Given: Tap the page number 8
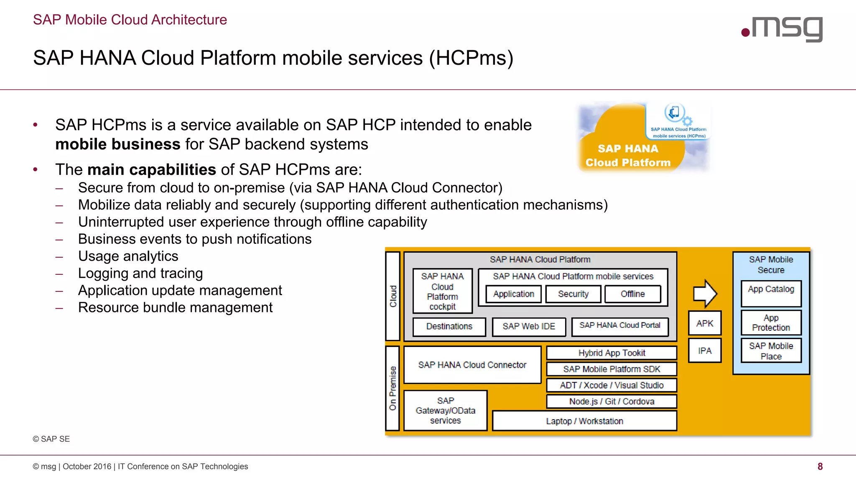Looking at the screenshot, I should [x=820, y=466].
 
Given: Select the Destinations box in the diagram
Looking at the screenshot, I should [x=449, y=327].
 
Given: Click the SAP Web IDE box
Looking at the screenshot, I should [x=529, y=327].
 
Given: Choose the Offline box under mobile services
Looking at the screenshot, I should [x=632, y=294].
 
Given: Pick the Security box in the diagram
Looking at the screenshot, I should [x=573, y=294].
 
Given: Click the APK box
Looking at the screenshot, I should [x=705, y=323].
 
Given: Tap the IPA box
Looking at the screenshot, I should [x=705, y=351].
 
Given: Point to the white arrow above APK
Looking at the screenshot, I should [x=705, y=294].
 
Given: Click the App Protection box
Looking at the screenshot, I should [x=771, y=323].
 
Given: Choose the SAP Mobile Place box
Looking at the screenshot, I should [x=771, y=351].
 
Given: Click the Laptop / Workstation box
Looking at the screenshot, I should [x=584, y=421].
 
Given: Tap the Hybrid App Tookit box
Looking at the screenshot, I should [x=611, y=353].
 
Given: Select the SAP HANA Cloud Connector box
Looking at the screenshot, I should [x=472, y=365].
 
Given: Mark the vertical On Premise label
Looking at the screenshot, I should [x=392, y=388].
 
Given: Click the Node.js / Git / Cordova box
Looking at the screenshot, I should [x=611, y=401].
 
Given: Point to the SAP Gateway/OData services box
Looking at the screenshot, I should [x=446, y=410].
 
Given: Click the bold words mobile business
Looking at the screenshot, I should [x=117, y=144].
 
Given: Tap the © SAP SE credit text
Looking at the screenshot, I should [x=51, y=439].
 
